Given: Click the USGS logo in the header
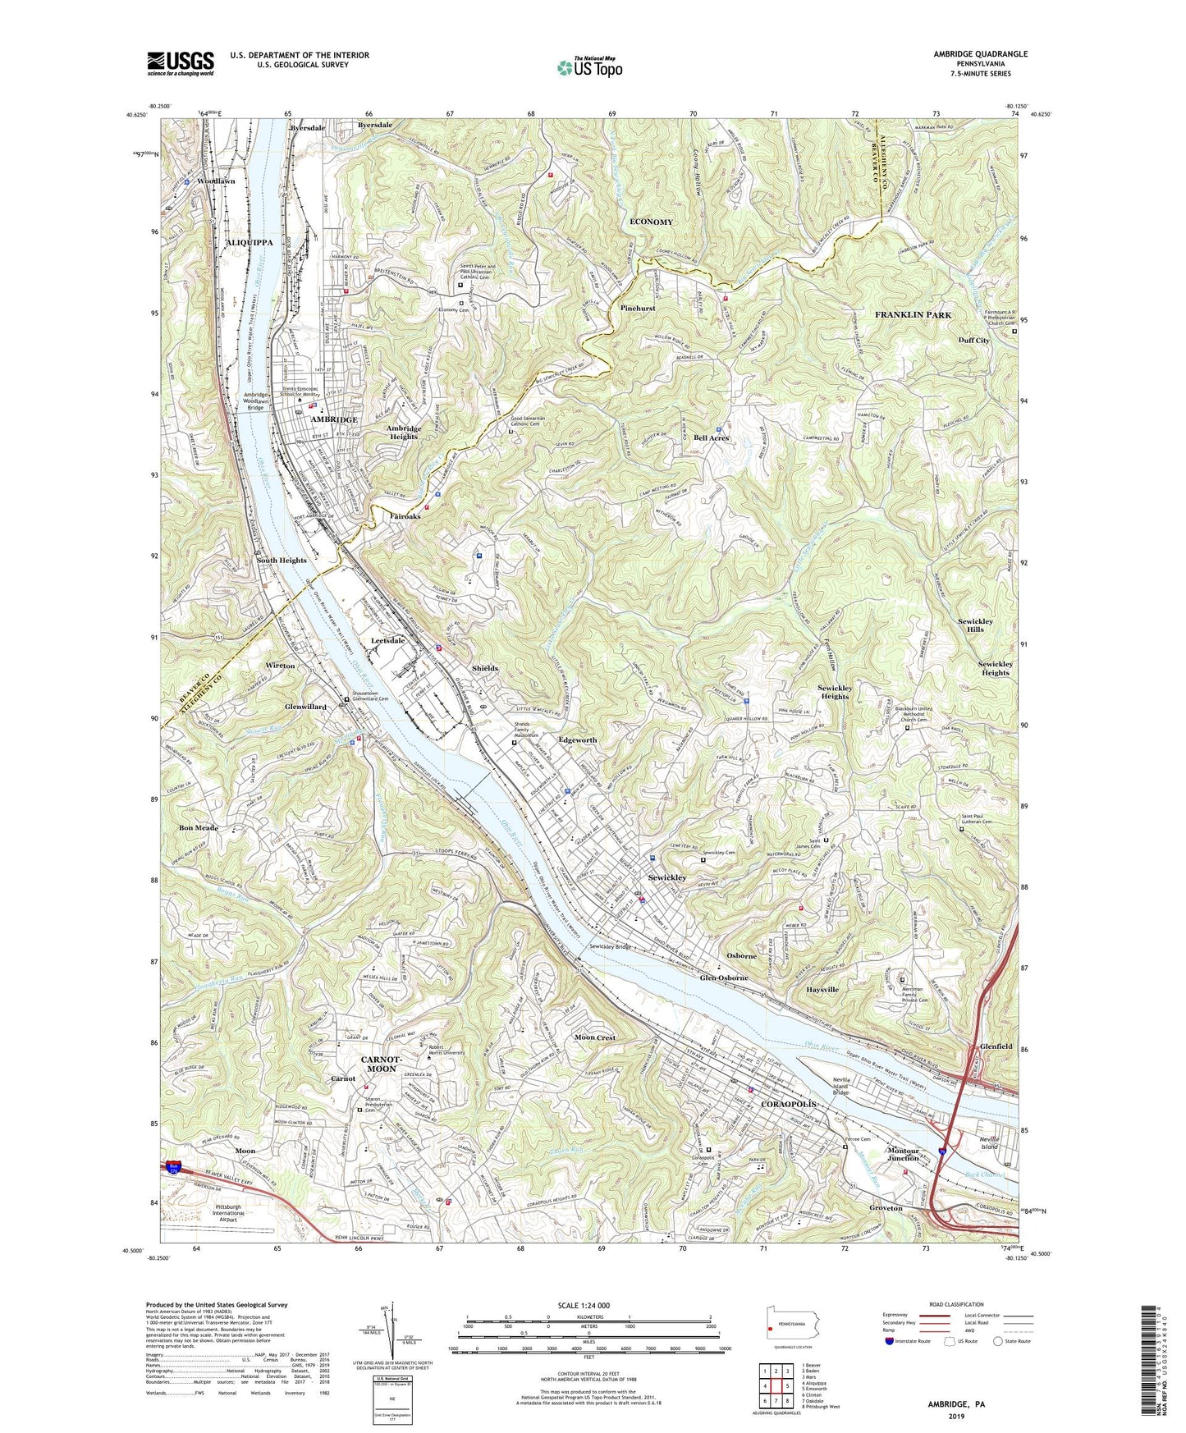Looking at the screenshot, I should point(180,62).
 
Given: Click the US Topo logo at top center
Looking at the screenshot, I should point(589,66).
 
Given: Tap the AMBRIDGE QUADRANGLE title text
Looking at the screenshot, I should point(980,54).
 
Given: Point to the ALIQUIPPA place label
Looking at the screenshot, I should point(250,244).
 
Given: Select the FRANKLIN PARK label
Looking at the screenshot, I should point(913,315).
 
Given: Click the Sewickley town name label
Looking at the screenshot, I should point(666,877).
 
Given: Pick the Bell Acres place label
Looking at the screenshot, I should point(711,438).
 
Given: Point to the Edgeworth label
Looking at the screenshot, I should point(577,739).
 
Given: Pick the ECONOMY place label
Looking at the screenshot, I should point(651,222).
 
